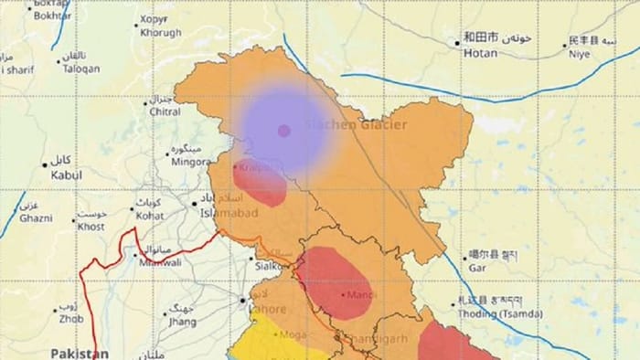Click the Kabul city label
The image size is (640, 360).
66,175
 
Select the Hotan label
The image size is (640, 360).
481,54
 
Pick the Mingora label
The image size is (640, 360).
191,162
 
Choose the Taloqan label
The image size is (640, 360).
80,68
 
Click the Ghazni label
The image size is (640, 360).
36,218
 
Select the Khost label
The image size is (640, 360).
91,226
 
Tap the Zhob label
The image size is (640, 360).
70,320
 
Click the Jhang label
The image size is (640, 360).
183,322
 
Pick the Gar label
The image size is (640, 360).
477,269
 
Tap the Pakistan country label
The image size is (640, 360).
80,353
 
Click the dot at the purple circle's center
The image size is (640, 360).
283,131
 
